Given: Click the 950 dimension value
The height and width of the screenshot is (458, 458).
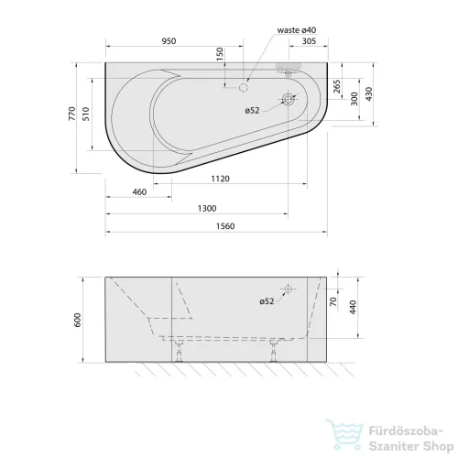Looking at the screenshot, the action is pyautogui.click(x=169, y=41).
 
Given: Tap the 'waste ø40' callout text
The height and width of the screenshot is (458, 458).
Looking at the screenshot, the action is pyautogui.click(x=297, y=30).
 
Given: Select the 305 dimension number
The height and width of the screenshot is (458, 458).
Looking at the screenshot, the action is pyautogui.click(x=309, y=41).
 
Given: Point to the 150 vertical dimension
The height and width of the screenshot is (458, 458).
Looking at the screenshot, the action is pyautogui.click(x=220, y=54).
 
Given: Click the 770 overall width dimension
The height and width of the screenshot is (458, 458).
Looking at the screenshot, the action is pyautogui.click(x=72, y=114).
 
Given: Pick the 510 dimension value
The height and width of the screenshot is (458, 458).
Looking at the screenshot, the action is pyautogui.click(x=86, y=114).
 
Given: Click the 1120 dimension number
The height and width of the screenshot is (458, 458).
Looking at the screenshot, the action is pyautogui.click(x=220, y=179).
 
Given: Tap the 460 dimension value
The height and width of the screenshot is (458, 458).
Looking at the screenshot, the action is pyautogui.click(x=139, y=192).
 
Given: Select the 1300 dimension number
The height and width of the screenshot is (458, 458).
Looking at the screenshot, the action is pyautogui.click(x=207, y=209).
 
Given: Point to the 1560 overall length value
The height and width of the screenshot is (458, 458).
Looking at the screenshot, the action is pyautogui.click(x=225, y=226).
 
